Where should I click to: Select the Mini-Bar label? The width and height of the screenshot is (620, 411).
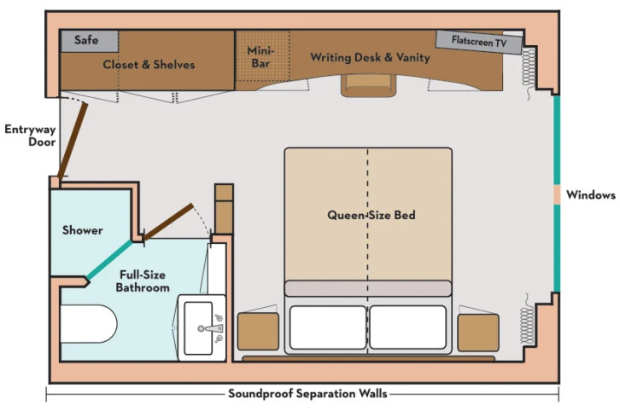point(260,57)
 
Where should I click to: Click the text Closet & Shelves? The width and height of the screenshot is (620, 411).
point(149,65)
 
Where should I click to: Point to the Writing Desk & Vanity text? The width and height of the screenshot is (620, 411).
point(370,58)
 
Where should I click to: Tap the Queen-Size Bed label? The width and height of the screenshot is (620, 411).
point(371,215)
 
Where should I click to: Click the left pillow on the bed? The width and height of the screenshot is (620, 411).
point(328,327)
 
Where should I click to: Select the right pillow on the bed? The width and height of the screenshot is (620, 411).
point(407,327)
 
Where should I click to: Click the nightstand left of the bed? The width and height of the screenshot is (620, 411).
point(258,332)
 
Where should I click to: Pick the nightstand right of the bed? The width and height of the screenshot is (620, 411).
point(477,332)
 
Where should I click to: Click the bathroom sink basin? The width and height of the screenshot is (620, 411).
point(202,327)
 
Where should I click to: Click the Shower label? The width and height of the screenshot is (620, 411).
point(83,230)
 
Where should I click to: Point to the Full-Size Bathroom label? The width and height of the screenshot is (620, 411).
point(143,281)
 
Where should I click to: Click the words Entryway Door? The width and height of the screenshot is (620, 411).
point(29,136)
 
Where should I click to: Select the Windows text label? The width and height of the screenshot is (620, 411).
point(590,195)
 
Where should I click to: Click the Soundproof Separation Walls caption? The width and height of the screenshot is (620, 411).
point(307,393)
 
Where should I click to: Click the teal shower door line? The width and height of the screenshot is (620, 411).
point(109,259)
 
